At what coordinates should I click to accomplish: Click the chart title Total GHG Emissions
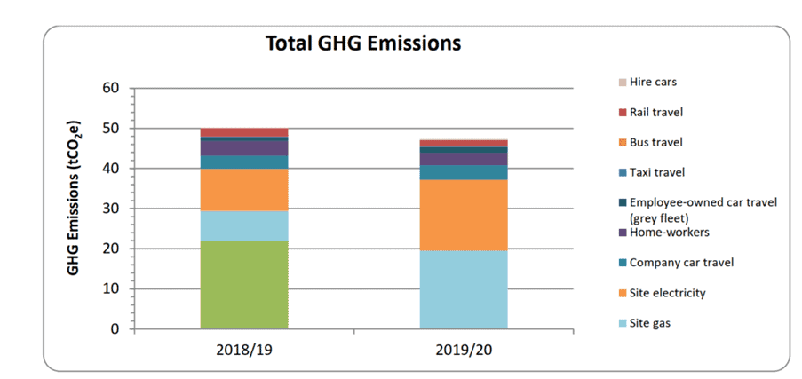363,43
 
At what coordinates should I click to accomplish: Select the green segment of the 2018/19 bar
244,284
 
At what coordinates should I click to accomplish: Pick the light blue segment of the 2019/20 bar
463,289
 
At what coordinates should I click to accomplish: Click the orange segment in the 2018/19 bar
244,189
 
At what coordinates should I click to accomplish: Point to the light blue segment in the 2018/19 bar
244,225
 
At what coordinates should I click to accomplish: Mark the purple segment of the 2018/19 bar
244,148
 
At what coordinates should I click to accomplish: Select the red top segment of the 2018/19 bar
244,132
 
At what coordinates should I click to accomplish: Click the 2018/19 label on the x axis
243,349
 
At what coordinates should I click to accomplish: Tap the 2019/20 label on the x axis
463,349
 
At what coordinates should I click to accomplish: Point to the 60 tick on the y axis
110,88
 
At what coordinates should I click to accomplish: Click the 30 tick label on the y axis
110,209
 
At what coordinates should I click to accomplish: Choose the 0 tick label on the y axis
115,329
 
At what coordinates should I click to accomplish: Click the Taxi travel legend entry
657,172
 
